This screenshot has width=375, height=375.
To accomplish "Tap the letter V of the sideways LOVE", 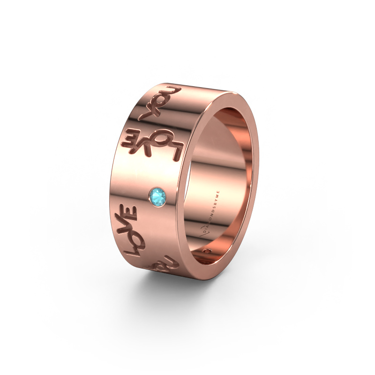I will point(127,227).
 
